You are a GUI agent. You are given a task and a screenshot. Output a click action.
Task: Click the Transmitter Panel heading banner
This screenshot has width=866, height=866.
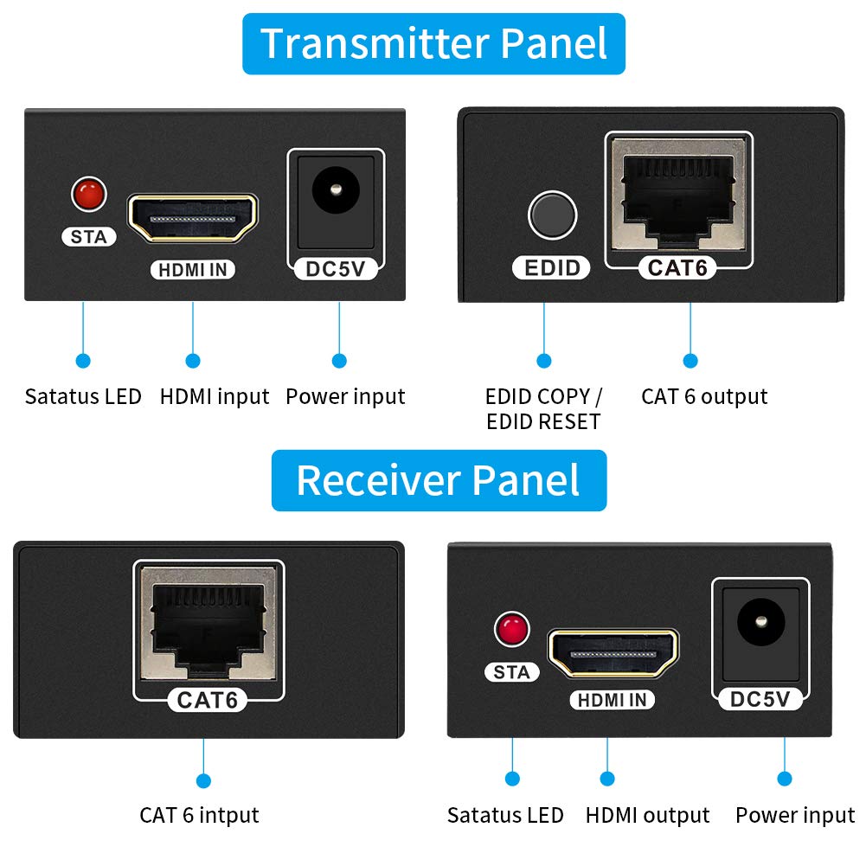coord(433,43)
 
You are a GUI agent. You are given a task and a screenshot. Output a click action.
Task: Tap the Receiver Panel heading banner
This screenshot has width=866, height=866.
coord(439,480)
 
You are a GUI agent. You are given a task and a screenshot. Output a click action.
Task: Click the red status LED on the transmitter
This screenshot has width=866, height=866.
coord(87,193)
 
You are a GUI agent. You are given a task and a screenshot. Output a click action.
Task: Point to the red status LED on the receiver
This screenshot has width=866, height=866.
coord(510,629)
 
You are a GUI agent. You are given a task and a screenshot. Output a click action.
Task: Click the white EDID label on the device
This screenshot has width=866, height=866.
coord(552,267)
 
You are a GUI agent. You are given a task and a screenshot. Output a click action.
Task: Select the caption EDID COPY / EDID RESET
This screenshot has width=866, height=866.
coord(543,408)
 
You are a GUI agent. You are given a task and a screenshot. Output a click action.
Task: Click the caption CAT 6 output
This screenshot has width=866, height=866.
coord(704,396)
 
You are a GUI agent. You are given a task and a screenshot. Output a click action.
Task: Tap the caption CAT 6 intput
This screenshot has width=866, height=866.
coord(199,815)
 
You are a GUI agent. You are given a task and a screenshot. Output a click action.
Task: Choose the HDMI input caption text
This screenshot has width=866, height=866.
coord(215,396)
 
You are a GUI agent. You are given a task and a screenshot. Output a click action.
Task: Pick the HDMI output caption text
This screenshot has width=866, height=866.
coord(647,815)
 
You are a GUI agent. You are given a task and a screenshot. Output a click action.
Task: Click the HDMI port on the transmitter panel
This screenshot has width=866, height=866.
coord(193,218)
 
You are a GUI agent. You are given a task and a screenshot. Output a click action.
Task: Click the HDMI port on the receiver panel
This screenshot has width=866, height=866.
coord(613,653)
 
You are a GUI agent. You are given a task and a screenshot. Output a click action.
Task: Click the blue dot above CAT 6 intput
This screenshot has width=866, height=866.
coord(202,780)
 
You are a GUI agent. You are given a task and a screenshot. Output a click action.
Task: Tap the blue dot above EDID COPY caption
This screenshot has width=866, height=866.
coord(543,361)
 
